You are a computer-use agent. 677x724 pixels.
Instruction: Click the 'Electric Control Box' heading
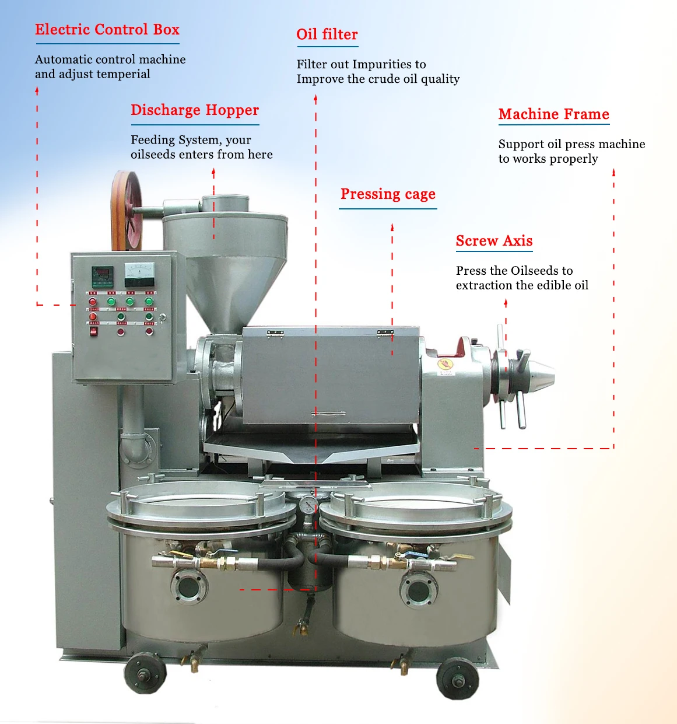point(107,30)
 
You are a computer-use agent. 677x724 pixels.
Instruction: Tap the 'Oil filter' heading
point(327,34)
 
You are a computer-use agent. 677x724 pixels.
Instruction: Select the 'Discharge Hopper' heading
point(195,110)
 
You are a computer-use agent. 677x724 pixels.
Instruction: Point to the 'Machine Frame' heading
point(553,114)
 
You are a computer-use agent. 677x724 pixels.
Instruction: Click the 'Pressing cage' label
point(388,194)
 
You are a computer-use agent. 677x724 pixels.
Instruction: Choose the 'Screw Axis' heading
point(494,241)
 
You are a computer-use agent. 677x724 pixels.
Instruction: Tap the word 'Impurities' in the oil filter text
point(384,64)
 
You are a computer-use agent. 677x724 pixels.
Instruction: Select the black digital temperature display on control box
point(103,275)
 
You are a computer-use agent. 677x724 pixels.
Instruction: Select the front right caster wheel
point(457,678)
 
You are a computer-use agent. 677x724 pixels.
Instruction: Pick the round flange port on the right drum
point(419,590)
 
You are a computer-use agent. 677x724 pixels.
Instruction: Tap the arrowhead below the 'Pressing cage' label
point(392,227)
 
